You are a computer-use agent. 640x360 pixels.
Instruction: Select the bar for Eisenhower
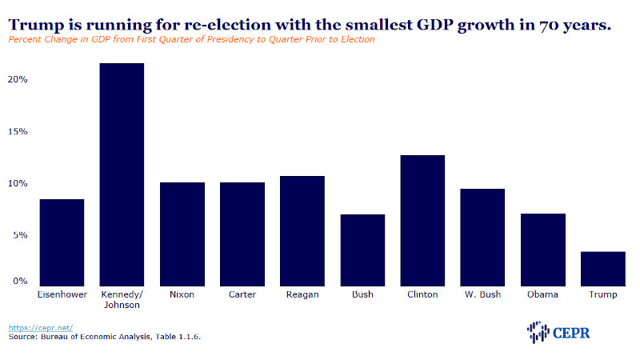point(62,242)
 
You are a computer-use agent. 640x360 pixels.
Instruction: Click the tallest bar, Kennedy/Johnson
point(122,174)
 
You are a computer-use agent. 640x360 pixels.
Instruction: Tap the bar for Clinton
point(422,221)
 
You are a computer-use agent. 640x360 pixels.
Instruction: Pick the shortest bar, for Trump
point(603,269)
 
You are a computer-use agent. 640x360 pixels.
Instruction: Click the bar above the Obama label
point(543,250)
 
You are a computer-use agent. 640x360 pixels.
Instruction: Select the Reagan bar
point(302,231)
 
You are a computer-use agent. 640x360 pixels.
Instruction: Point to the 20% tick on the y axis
point(18,79)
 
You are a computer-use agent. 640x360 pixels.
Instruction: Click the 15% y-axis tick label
point(18,131)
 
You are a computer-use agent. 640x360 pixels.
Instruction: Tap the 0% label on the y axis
point(20,281)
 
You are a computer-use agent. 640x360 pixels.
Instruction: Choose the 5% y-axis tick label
point(20,235)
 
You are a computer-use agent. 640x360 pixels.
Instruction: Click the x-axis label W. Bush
point(482,294)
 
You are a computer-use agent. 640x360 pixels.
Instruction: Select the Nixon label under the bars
point(182,294)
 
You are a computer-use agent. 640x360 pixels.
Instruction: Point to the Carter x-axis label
point(242,294)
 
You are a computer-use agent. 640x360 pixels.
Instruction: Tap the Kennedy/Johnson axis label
point(122,299)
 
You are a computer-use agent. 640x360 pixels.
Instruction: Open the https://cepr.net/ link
point(41,328)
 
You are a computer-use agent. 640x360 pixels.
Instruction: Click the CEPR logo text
point(571,333)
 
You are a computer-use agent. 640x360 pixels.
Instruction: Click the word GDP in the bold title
point(434,25)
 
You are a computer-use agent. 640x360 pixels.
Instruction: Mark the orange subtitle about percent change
point(191,39)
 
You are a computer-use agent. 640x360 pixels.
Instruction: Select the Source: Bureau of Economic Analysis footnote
point(105,337)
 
